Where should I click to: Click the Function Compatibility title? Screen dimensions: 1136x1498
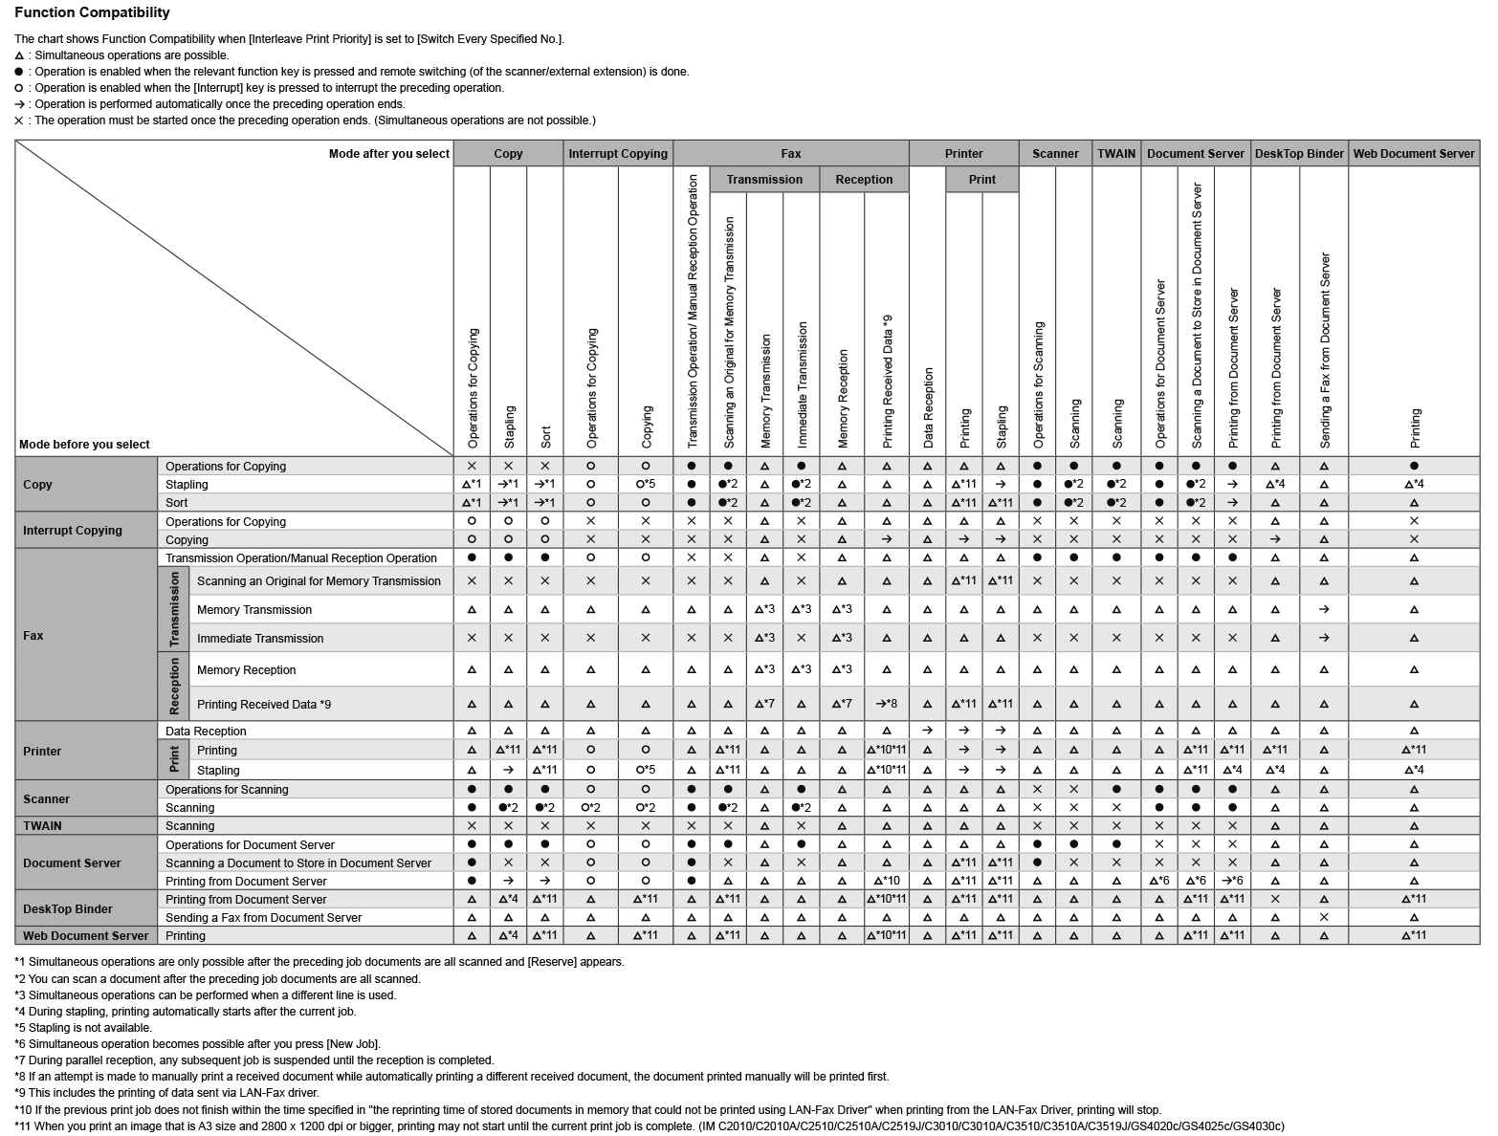pyautogui.click(x=92, y=12)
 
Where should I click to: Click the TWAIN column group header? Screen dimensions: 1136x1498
pyautogui.click(x=1115, y=153)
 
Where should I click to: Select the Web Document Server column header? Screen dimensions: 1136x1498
pyautogui.click(x=1413, y=153)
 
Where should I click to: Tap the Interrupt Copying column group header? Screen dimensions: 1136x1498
pyautogui.click(x=617, y=153)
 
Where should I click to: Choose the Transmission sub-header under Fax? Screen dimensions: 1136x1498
pyautogui.click(x=763, y=179)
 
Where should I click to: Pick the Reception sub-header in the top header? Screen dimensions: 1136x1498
pyautogui.click(x=863, y=179)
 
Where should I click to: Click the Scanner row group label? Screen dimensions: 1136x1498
pyautogui.click(x=46, y=798)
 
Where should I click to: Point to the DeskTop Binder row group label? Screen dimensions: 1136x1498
pyautogui.click(x=67, y=908)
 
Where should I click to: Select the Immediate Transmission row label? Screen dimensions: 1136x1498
pyautogui.click(x=260, y=638)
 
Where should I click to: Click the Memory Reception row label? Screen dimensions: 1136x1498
pyautogui.click(x=246, y=669)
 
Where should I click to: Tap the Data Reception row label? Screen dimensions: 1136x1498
pyautogui.click(x=206, y=731)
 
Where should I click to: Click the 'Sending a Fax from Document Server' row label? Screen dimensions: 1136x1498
pyautogui.click(x=263, y=917)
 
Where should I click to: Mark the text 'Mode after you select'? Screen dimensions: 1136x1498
pyautogui.click(x=388, y=153)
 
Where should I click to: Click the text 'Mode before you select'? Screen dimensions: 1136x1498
pyautogui.click(x=84, y=444)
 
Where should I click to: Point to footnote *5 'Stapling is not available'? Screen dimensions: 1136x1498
pyautogui.click(x=83, y=1027)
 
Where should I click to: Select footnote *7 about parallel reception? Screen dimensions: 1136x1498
pyautogui.click(x=253, y=1060)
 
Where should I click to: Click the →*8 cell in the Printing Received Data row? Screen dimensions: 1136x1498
pyautogui.click(x=886, y=704)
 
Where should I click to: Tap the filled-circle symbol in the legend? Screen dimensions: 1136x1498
pyautogui.click(x=19, y=72)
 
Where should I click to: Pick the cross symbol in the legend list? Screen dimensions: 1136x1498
pyautogui.click(x=19, y=120)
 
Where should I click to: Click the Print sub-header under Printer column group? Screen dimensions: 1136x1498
pyautogui.click(x=981, y=179)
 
